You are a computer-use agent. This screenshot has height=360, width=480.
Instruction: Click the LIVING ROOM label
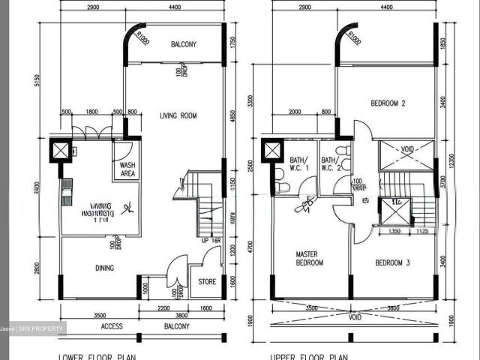[178, 115]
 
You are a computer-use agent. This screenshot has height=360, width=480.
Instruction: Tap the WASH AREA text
[128, 169]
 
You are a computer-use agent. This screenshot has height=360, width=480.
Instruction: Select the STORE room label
[206, 283]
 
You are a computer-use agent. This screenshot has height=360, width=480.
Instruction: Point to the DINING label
[104, 266]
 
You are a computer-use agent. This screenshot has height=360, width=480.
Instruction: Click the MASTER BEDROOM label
[309, 259]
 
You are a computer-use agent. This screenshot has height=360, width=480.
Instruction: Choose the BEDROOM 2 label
[388, 103]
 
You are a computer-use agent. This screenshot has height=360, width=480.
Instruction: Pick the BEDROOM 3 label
[390, 263]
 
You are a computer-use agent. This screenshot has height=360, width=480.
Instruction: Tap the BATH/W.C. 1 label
[298, 164]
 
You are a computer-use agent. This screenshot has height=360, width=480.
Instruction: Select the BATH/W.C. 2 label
[330, 164]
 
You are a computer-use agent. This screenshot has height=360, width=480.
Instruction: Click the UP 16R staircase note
[212, 240]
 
